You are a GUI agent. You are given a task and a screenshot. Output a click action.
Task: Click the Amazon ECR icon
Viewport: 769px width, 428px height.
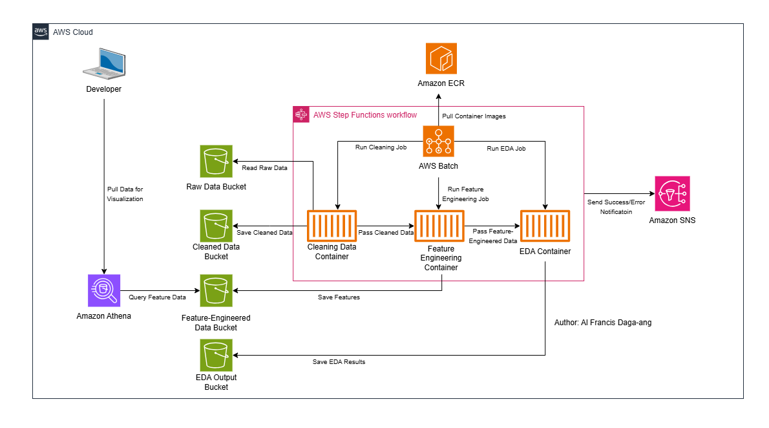[x=441, y=59]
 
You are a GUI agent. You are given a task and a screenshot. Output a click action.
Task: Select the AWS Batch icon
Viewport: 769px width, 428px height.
[x=439, y=141]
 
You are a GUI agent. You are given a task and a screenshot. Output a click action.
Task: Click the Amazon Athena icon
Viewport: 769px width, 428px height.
[x=103, y=290]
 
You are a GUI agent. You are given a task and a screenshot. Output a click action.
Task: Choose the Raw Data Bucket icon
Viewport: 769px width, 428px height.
[x=216, y=160]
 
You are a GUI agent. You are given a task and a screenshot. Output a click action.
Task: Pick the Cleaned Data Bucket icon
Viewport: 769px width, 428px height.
[x=216, y=226]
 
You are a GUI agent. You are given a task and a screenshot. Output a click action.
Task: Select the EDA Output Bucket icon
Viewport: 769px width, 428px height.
[x=216, y=356]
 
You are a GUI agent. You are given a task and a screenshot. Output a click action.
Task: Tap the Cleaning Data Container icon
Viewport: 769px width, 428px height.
[x=332, y=226]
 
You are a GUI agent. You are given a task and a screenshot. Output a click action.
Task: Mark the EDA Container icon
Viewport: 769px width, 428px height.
[x=545, y=226]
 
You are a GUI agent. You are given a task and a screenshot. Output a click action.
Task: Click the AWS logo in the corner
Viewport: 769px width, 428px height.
[x=41, y=32]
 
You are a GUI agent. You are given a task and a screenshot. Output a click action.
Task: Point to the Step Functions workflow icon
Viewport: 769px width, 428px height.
[x=300, y=114]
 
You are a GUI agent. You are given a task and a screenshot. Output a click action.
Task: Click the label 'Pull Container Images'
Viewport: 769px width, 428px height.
[x=474, y=116]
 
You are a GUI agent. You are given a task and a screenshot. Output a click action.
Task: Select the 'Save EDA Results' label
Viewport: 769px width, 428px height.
[x=339, y=362]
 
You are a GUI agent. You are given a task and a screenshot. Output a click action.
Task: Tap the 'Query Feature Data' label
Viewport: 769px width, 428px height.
[x=157, y=297]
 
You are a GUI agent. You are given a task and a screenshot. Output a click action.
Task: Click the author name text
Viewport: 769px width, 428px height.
[x=603, y=322]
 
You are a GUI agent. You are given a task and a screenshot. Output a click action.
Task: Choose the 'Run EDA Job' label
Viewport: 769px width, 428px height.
[x=506, y=148]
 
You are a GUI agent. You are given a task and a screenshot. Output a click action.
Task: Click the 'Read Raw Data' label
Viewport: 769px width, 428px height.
[x=264, y=167]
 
